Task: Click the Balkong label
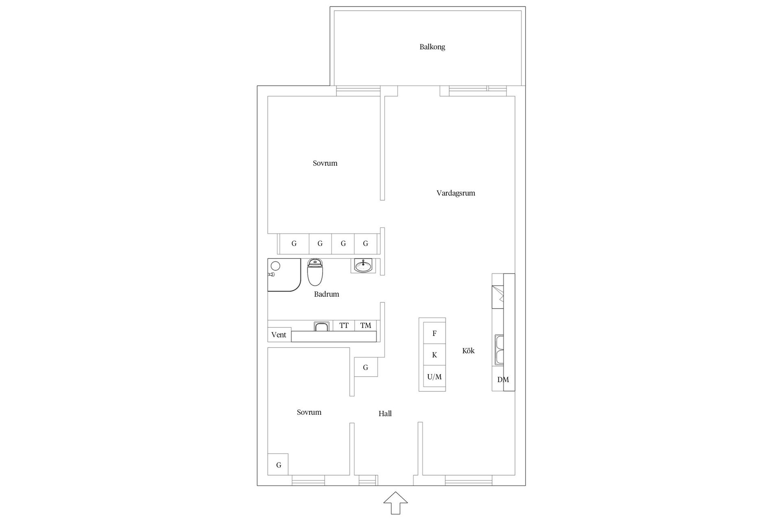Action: coord(432,47)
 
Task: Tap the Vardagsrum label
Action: coord(456,193)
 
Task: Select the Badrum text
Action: coord(326,294)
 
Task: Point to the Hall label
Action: coord(385,414)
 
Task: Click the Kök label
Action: coord(468,350)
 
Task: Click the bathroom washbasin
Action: coord(363,266)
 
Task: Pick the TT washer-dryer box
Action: coord(344,325)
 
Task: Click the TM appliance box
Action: coord(365,325)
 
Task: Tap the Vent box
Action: coord(279,335)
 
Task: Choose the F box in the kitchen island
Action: coord(434,333)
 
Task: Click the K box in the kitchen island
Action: coord(434,355)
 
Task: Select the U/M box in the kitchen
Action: coord(434,377)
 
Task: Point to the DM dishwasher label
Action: coord(503,380)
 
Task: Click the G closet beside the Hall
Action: coord(366,368)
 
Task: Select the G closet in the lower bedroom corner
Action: coord(278,464)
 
